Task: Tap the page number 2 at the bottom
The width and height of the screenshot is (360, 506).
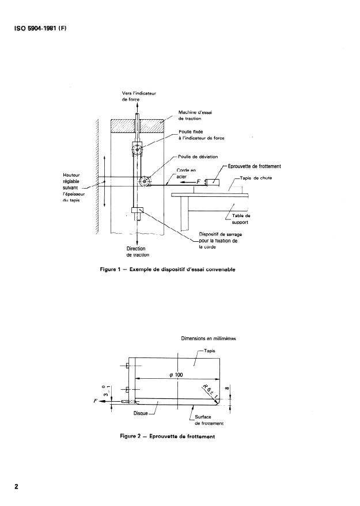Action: tap(17, 486)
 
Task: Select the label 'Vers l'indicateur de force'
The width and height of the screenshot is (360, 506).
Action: tap(135, 96)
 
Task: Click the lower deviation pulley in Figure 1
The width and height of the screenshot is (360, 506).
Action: tap(145, 182)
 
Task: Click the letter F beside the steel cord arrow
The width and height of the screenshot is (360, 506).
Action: tap(199, 181)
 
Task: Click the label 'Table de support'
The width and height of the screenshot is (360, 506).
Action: tap(241, 219)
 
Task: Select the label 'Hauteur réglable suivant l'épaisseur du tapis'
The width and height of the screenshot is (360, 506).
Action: tap(74, 191)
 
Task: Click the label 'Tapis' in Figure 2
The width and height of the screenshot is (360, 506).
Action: tap(207, 350)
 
